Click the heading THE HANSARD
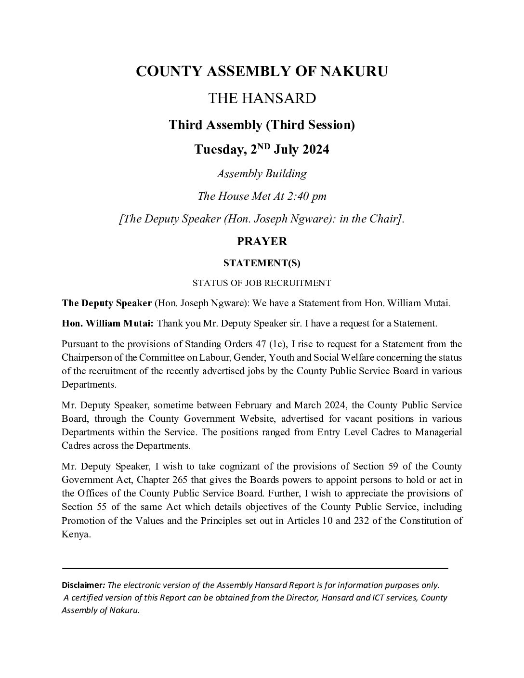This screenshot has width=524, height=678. point(262,98)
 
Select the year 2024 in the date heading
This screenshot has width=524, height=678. point(315,149)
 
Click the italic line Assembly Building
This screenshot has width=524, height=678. point(262,173)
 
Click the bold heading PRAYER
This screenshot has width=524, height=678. point(262,241)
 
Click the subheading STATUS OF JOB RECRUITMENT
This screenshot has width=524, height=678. point(262,283)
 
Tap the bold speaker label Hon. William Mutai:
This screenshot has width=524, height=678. point(107,324)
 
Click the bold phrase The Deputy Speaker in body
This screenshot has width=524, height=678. point(106,303)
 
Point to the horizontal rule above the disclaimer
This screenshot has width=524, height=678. point(255,569)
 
